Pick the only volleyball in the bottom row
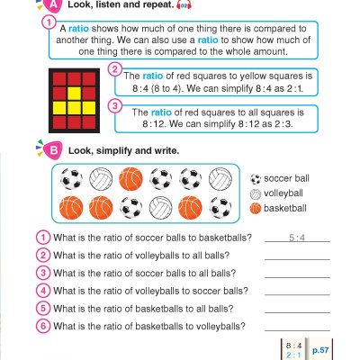pos(161,208)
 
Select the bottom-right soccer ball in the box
pos(221,208)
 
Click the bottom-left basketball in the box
pos(71,208)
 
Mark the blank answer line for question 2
pos(296,257)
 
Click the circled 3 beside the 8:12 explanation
pos(114,105)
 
